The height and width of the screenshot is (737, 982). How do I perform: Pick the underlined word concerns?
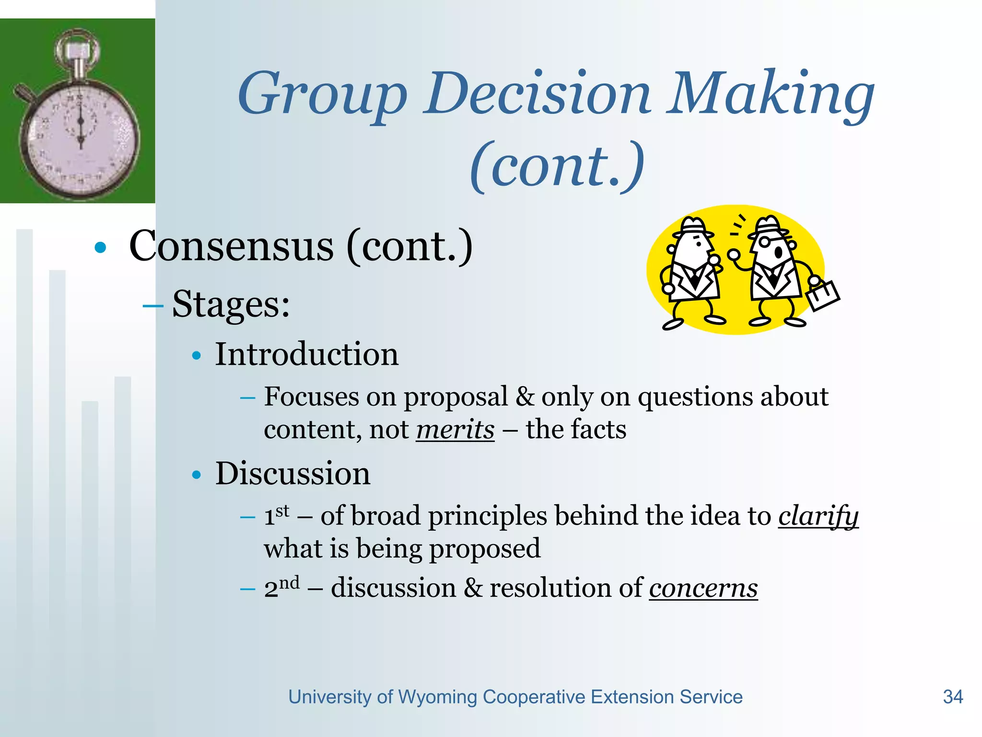click(703, 589)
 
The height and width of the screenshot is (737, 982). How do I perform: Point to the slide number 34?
click(952, 697)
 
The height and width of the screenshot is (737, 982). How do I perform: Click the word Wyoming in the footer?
click(437, 697)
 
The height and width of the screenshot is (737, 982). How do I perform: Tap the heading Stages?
click(231, 304)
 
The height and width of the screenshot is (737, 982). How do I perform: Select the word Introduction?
click(306, 355)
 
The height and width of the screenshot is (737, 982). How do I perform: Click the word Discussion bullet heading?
click(292, 474)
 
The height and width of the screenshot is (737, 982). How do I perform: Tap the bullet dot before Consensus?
click(100, 248)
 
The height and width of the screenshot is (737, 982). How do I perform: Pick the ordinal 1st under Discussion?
click(277, 515)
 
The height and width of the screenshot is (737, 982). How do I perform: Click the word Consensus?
click(231, 247)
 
